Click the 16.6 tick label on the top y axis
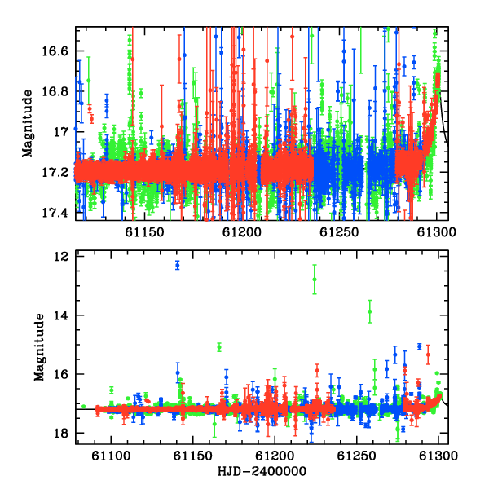point(55,51)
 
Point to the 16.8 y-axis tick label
point(55,91)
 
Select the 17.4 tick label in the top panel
point(55,213)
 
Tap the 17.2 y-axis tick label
point(55,172)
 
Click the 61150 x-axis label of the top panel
point(144,232)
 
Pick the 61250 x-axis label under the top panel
point(339,232)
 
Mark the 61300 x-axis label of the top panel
point(436,232)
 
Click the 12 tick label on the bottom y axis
point(61,257)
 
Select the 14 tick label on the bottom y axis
point(61,315)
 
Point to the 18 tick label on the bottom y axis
point(61,434)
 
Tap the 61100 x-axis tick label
point(111,456)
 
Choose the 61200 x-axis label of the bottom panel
point(275,456)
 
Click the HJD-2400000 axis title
point(262,471)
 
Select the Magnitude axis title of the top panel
point(28,124)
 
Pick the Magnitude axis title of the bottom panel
point(39,347)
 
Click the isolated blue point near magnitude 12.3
point(178,266)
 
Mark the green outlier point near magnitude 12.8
point(315,280)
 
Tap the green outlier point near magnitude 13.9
point(370,311)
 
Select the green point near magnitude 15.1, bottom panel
point(219,347)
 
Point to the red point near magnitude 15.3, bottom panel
point(428,355)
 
